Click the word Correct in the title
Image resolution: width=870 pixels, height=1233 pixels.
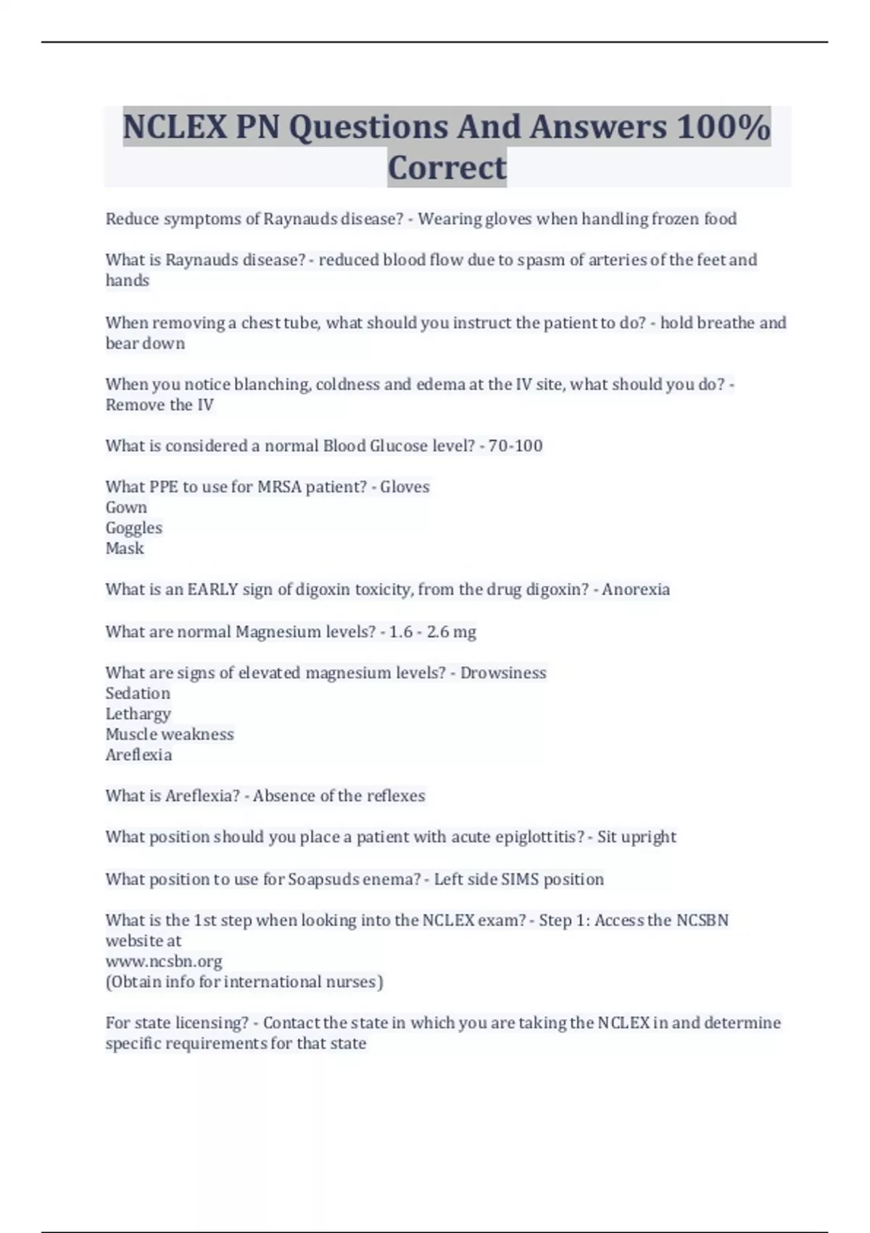(447, 168)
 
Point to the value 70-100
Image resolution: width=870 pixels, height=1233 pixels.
(515, 445)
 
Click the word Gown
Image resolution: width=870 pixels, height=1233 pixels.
(126, 507)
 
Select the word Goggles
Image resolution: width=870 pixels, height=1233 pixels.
(133, 527)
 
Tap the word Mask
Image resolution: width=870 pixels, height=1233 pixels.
(125, 548)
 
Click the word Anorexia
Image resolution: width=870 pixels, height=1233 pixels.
(635, 589)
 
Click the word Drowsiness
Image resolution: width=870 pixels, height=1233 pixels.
(503, 672)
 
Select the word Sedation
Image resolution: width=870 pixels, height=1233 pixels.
(138, 693)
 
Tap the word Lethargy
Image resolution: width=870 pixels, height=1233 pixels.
(138, 714)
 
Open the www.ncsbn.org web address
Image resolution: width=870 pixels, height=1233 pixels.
(164, 961)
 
